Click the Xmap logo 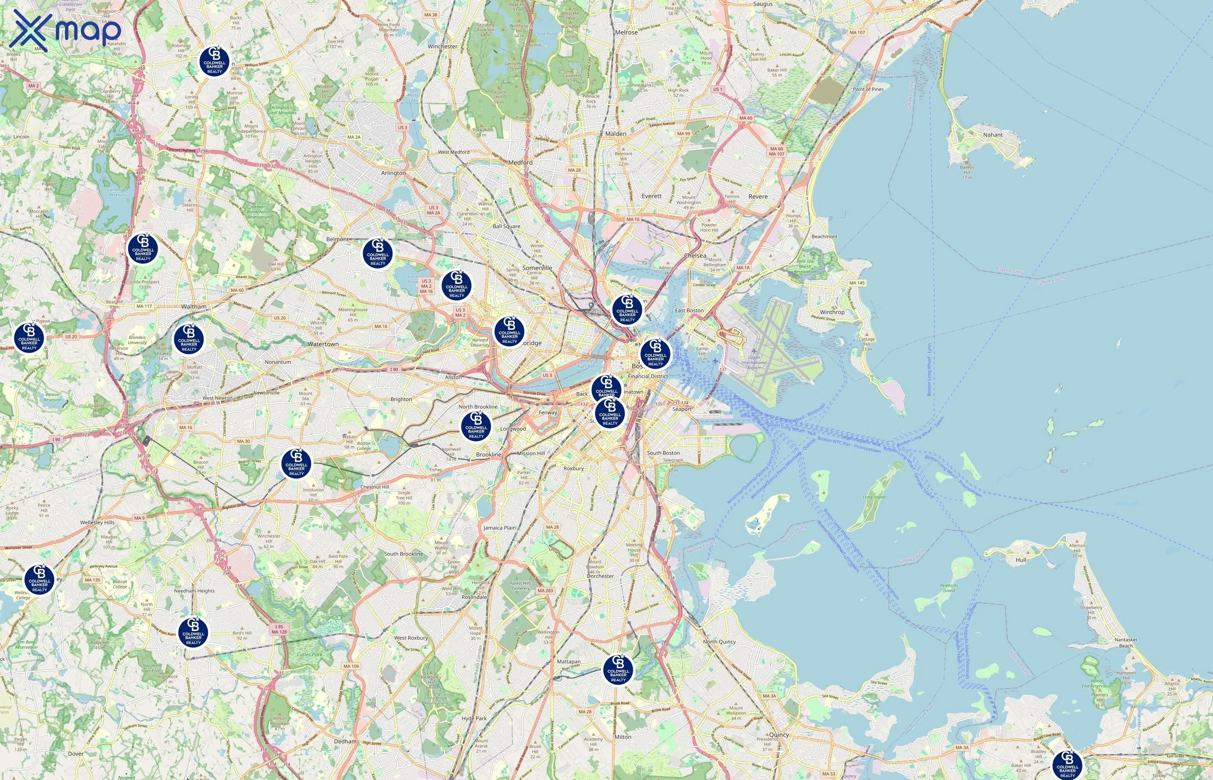coord(65,30)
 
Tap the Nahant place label coord(992,135)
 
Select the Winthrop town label coord(832,312)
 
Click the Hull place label coord(1021,560)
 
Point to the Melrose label coord(626,32)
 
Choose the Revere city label coord(757,197)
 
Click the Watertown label coord(323,344)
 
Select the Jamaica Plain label coord(499,527)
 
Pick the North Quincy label coord(719,641)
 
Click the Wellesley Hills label coord(97,522)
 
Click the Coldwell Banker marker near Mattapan coord(618,670)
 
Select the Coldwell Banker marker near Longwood coord(476,426)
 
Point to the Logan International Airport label coord(753,362)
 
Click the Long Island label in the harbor coord(874,497)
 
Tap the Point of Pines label coord(868,89)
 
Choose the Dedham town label coord(345,741)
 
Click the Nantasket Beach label coord(1125,642)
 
